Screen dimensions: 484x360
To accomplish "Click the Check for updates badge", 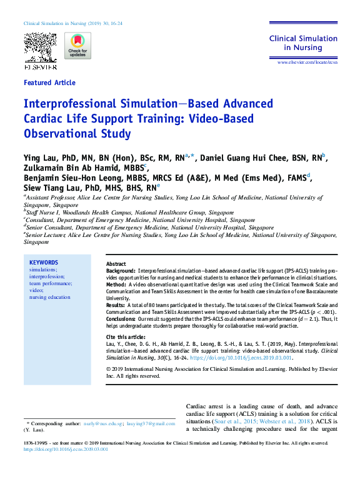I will [77, 46].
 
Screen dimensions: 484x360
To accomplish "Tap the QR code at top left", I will [40, 46].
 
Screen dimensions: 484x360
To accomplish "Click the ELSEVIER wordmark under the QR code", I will [40, 66].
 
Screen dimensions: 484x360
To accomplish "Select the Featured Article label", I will [49, 83].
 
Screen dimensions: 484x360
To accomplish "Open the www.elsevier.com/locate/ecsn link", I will [307, 63].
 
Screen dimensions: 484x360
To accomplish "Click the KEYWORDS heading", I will [44, 263].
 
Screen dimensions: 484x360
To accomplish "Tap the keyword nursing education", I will [50, 297].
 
